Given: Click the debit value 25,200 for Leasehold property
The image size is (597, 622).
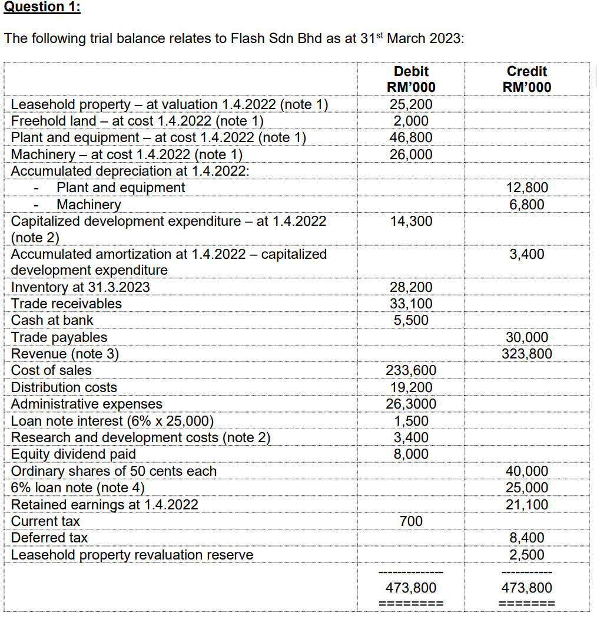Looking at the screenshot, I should pos(411,104).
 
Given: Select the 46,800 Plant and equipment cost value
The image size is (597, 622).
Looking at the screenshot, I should pos(411,137).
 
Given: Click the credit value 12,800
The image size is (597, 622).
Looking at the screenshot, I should pos(527,187).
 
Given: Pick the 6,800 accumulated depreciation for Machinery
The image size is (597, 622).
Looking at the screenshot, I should pos(527,205).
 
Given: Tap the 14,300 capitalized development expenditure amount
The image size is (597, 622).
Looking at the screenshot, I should pos(411,221).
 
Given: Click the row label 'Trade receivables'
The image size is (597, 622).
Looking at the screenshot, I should pos(67,304).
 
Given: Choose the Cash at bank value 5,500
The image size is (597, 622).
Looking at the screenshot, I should pos(411,320).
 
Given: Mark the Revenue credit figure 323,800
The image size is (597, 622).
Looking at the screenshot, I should pos(527,354).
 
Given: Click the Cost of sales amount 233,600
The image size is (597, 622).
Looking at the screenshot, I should pos(411,370).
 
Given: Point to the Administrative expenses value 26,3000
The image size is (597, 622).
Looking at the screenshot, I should pos(411,404).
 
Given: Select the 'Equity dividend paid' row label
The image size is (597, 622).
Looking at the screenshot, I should pos(74,454).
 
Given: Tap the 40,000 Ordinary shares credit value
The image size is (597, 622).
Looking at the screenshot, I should pos(527,471).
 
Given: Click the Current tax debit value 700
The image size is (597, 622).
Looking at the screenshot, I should pos(411,521).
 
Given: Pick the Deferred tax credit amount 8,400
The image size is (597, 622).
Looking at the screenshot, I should pos(527,538).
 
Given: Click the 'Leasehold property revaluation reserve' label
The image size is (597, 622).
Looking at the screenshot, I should pos(132,555).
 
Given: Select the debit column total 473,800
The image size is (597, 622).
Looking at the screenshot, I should pos(411,588).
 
